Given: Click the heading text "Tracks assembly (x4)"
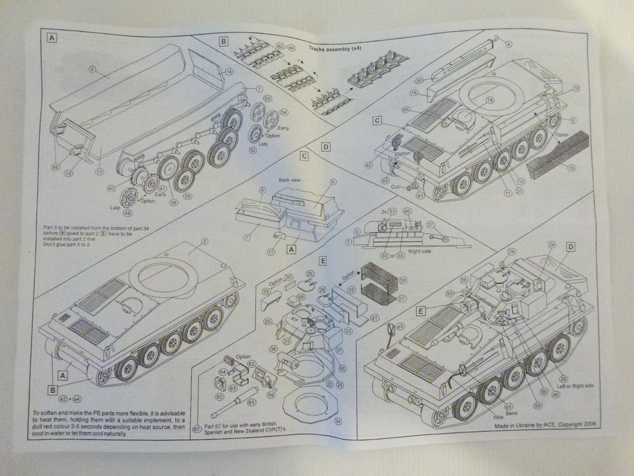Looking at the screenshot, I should tap(335, 48).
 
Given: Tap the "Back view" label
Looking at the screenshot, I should tap(290, 179).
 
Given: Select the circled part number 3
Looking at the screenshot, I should tap(92, 69).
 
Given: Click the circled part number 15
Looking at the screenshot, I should tap(571, 168).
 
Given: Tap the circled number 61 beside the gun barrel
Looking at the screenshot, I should tap(251, 402).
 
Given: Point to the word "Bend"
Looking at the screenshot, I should tap(511, 413).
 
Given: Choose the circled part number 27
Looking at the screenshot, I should tap(430, 224).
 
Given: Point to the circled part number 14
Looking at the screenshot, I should tap(228, 71).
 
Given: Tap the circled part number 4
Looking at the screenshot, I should tap(508, 44).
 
